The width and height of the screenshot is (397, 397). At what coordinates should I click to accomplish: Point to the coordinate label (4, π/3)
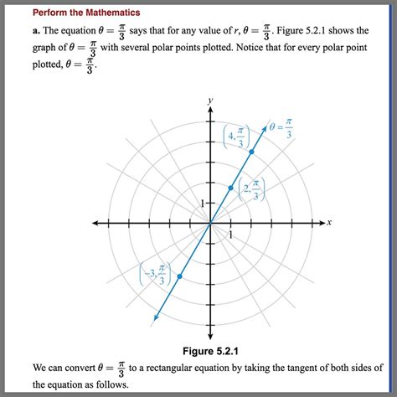[x=237, y=137]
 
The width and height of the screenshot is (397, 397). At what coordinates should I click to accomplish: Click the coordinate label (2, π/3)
[x=251, y=189]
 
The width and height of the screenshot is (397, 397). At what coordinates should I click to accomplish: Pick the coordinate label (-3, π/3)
[x=155, y=276]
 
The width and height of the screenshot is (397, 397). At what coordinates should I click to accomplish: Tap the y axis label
[x=210, y=100]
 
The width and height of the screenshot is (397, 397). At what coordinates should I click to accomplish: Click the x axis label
[x=330, y=222]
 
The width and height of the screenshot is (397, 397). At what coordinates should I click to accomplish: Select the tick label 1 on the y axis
[x=201, y=204]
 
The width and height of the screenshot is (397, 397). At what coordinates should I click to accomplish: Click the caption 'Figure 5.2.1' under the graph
[x=210, y=349]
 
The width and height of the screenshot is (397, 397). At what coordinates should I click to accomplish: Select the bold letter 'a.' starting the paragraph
[x=37, y=31]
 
